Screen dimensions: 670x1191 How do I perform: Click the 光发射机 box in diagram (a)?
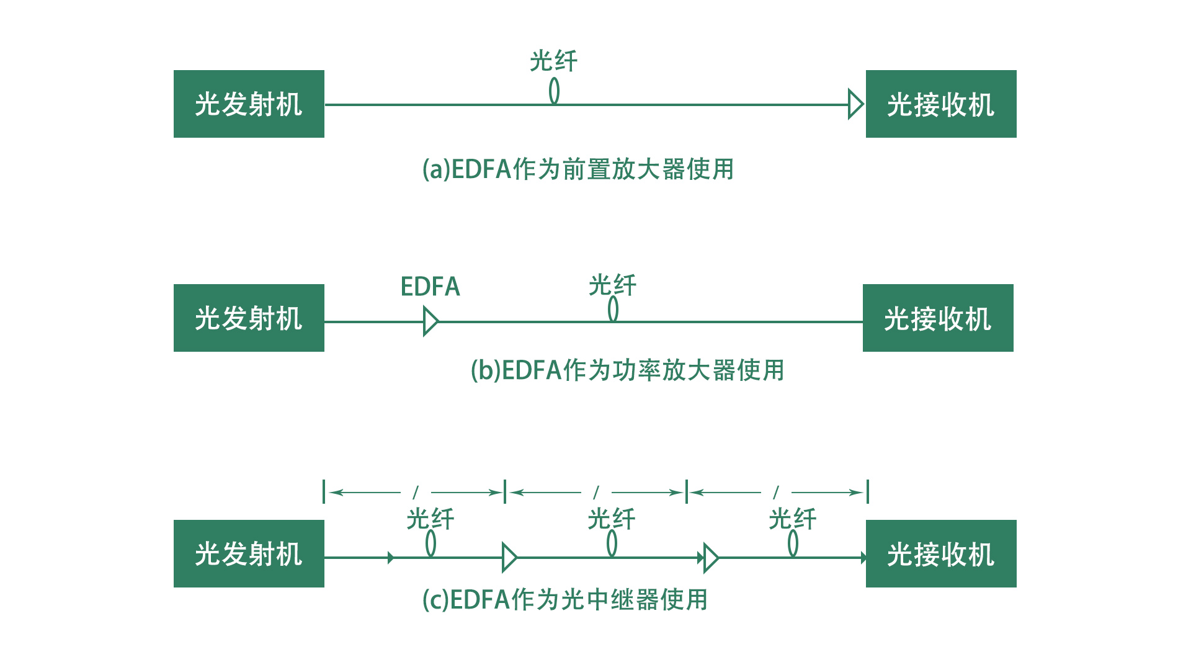tap(249, 104)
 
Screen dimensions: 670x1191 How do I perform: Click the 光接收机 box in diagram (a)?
tap(940, 104)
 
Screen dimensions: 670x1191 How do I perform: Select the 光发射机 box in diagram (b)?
tap(249, 318)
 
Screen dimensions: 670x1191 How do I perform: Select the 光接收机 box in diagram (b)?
tap(937, 318)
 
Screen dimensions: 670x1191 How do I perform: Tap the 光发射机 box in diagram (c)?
tap(249, 553)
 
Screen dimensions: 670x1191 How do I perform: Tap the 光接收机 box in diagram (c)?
tap(940, 553)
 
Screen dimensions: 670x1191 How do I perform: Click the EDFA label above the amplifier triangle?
tap(430, 287)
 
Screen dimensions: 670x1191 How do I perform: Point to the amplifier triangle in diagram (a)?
tap(855, 104)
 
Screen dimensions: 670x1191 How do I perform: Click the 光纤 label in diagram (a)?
tap(553, 61)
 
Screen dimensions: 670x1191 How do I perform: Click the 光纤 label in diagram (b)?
tap(612, 285)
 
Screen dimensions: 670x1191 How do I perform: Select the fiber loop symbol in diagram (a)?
tap(554, 91)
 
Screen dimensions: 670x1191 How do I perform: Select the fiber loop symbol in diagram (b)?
tap(613, 309)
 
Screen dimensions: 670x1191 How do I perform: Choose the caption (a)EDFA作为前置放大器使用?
tap(578, 169)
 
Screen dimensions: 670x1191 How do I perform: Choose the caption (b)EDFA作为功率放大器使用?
tap(627, 370)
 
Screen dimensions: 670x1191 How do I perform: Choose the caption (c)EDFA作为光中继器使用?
tap(564, 600)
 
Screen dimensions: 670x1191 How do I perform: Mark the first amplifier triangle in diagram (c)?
tap(509, 557)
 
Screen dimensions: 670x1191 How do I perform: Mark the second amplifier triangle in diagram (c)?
tap(711, 557)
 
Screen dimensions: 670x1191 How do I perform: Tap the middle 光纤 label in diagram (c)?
tap(611, 519)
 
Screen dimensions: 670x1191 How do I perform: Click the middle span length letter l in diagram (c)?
tap(596, 493)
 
